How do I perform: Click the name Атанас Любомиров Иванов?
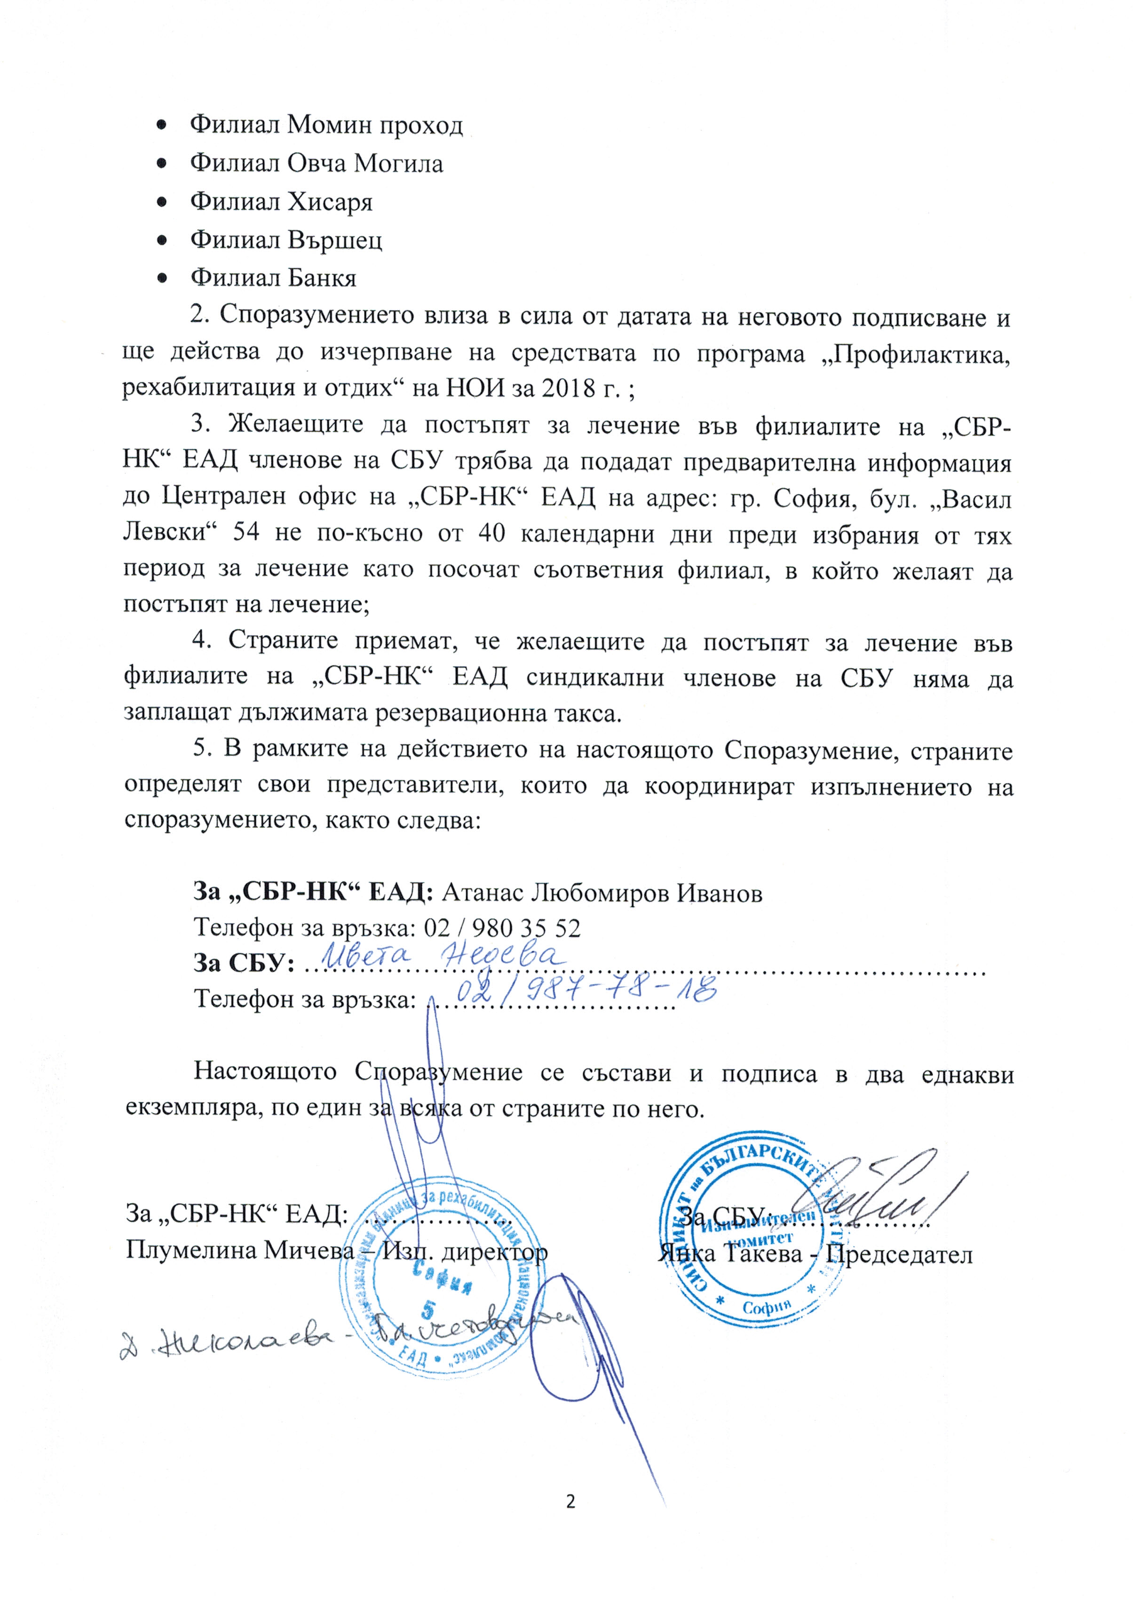click(602, 893)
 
